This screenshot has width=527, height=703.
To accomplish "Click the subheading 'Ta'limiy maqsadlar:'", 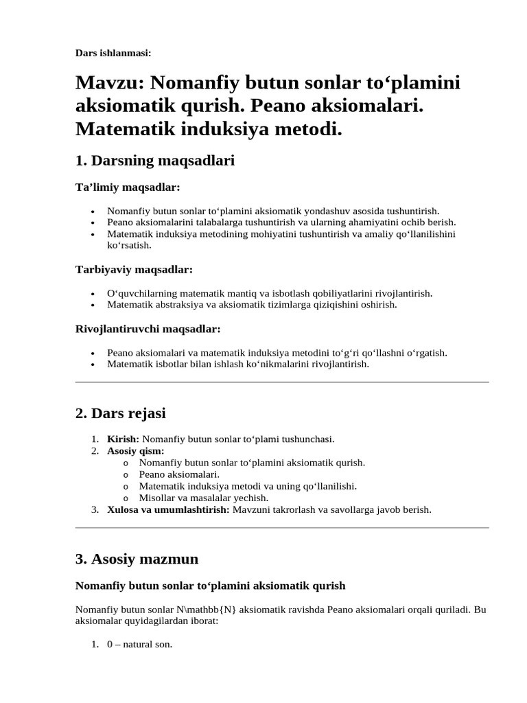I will tap(127, 187).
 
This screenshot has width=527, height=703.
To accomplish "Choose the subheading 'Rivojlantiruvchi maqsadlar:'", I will tap(148, 329).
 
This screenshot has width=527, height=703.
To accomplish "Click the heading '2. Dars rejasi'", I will tap(121, 413).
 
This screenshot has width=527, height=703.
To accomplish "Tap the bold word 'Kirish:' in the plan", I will tap(124, 439).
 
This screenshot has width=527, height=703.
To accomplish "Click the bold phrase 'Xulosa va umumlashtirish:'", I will tap(168, 509).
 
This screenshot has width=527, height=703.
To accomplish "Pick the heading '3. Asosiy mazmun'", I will tap(137, 559).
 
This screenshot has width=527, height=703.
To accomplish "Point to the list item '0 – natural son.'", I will tap(139, 645).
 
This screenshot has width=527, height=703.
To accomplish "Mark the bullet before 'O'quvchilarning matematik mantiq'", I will tap(93, 293).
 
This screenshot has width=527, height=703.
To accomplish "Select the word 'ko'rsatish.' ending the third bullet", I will tap(129, 244).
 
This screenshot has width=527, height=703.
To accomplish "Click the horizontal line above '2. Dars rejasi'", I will tap(281, 382).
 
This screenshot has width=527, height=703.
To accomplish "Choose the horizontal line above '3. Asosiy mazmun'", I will tap(281, 528).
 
